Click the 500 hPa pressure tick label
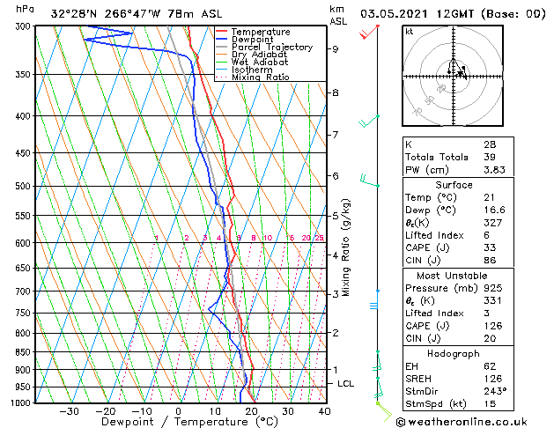[x=23, y=187]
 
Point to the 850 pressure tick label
[x=23, y=351]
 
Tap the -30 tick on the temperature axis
[x=69, y=410]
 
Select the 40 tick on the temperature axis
[x=324, y=410]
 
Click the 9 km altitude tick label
[x=335, y=49]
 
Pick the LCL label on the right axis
[x=346, y=384]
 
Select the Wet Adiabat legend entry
[x=262, y=63]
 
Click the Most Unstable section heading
[x=454, y=276]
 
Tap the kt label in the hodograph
[x=410, y=31]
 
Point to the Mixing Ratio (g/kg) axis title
[x=346, y=247]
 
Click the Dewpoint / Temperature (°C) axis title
[x=176, y=422]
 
